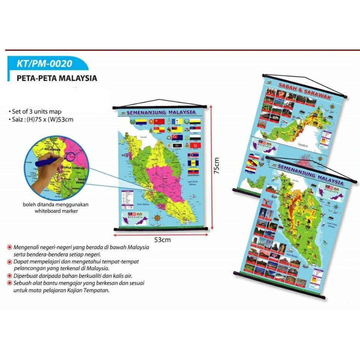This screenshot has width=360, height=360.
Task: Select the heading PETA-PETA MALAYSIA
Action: pos(57,78)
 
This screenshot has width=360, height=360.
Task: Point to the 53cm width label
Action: pos(162,240)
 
